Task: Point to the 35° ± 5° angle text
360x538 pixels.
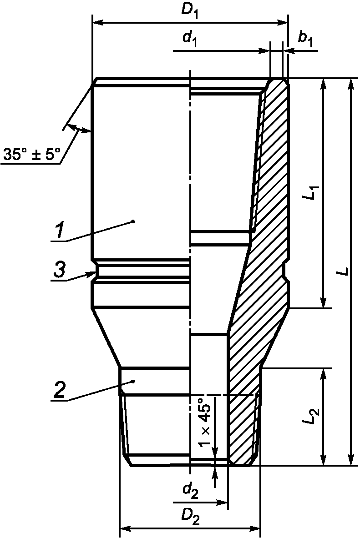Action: pyautogui.click(x=31, y=154)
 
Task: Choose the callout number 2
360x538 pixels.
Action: pyautogui.click(x=59, y=390)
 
